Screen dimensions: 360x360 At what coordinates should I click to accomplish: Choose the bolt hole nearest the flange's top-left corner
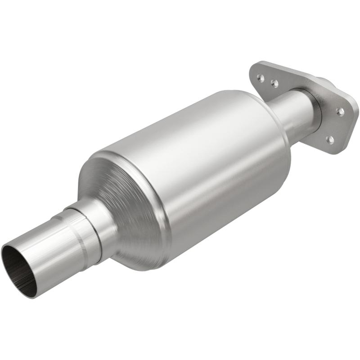[260, 77]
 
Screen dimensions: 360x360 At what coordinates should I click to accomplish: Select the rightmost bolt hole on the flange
[341, 111]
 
